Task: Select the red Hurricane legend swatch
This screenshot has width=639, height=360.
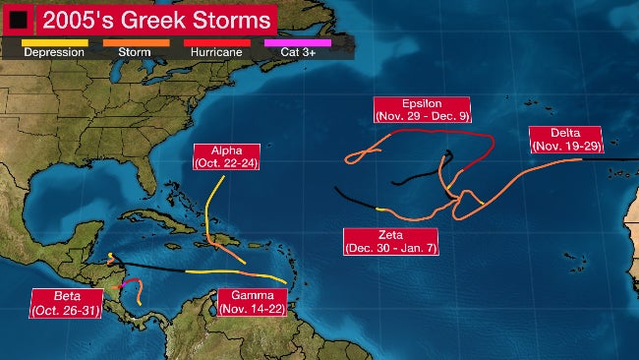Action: point(210,42)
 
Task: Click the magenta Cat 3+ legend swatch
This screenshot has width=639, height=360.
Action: point(298,42)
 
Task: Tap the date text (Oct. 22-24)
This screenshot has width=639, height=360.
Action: point(226,162)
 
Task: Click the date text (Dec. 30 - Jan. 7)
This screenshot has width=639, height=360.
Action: point(390,248)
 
